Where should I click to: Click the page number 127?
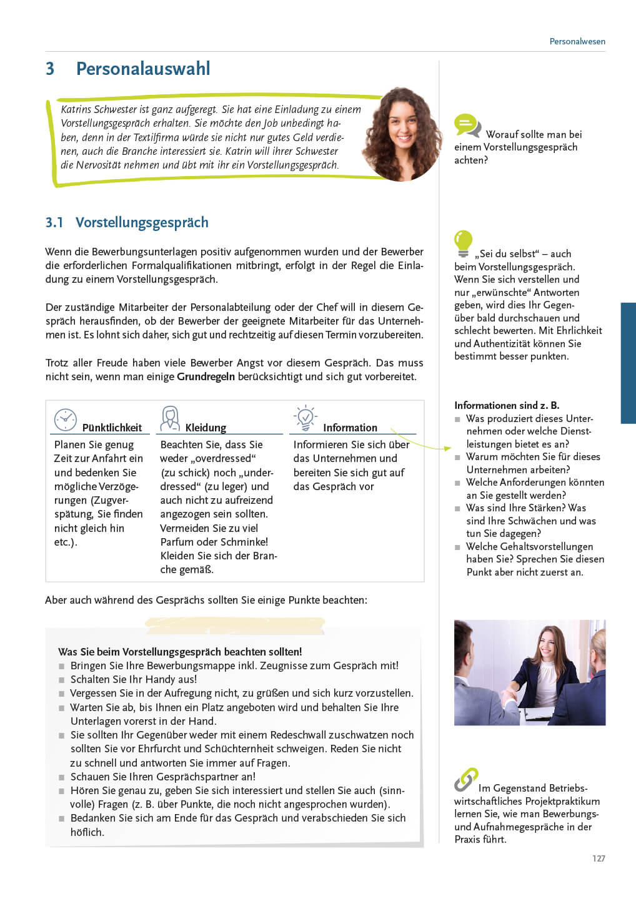(599, 858)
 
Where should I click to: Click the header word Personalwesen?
(577, 41)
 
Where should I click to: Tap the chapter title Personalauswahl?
(143, 69)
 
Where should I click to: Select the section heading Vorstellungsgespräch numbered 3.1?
(142, 222)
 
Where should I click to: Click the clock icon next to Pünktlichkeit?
(65, 420)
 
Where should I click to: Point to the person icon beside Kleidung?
(170, 418)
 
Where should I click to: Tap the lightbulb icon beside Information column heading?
(306, 418)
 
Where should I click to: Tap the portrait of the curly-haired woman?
(401, 134)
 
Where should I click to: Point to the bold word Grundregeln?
(206, 376)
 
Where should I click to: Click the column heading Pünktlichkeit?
(112, 428)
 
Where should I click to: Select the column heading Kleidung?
(206, 428)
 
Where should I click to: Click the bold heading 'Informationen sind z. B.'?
(507, 405)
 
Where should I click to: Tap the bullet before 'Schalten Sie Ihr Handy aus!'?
(62, 680)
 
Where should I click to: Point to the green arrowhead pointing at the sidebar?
(447, 448)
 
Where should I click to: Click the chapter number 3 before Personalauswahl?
(50, 69)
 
